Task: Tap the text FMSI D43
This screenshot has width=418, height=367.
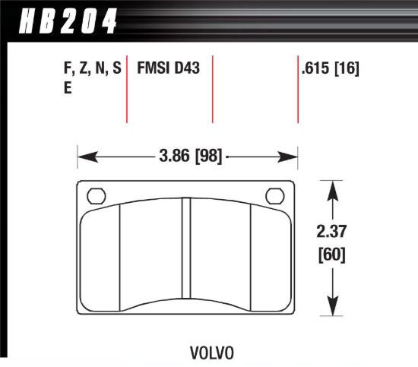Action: point(168,68)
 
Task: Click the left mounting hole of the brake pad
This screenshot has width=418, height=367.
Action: point(97,195)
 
